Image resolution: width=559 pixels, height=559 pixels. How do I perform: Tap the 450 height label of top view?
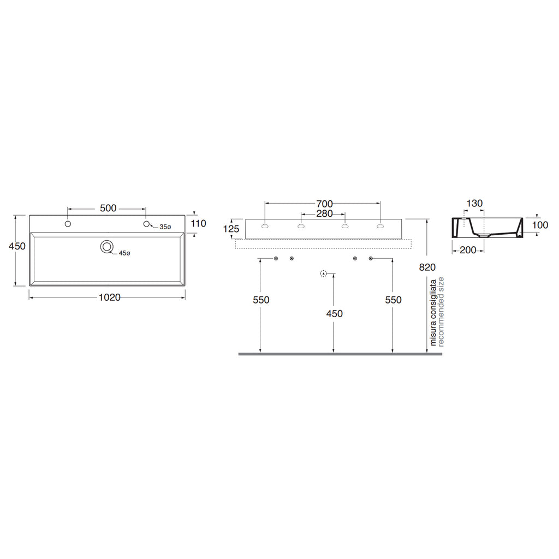17,246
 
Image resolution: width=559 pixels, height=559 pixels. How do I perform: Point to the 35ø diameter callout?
165,227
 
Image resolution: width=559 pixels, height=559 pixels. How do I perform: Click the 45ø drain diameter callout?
125,253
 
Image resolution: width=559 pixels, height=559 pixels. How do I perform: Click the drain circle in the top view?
107,247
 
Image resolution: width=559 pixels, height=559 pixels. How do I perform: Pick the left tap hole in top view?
68,224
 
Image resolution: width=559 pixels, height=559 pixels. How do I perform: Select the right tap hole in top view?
146,224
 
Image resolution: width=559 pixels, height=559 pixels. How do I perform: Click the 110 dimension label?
198,223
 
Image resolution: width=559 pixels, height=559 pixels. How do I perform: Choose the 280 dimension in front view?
324,214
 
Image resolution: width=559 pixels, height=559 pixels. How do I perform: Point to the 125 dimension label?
232,229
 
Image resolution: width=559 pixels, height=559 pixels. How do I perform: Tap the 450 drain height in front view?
334,313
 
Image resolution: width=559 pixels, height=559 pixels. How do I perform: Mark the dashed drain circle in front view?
324,273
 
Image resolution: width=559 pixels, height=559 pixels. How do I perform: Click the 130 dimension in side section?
474,204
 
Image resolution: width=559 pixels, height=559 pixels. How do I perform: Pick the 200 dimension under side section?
468,250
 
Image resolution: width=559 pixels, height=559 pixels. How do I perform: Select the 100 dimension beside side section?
540,225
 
